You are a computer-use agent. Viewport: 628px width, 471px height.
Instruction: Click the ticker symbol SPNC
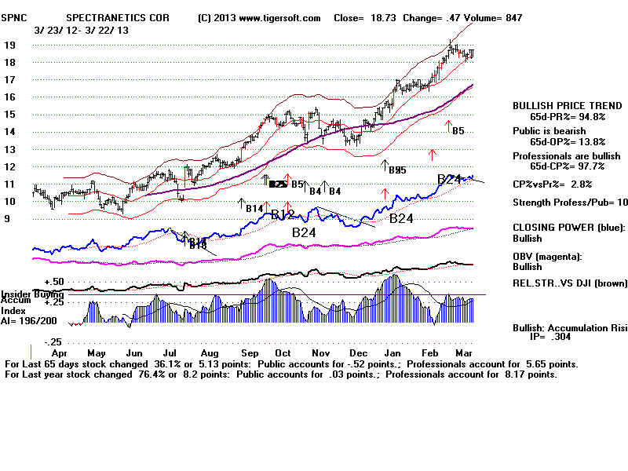click(x=20, y=17)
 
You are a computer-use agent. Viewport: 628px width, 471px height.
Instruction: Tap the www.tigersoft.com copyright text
click(x=259, y=17)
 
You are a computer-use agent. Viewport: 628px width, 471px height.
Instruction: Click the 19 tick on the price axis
click(x=11, y=45)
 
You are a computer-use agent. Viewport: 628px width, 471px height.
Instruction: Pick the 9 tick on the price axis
click(x=7, y=219)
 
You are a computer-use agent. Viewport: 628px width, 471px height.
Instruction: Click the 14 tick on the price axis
click(x=11, y=132)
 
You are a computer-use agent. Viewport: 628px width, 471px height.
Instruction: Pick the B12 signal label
click(x=283, y=215)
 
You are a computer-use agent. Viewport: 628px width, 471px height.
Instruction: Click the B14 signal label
click(x=254, y=208)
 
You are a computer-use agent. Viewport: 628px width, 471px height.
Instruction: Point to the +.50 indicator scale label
click(x=53, y=281)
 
